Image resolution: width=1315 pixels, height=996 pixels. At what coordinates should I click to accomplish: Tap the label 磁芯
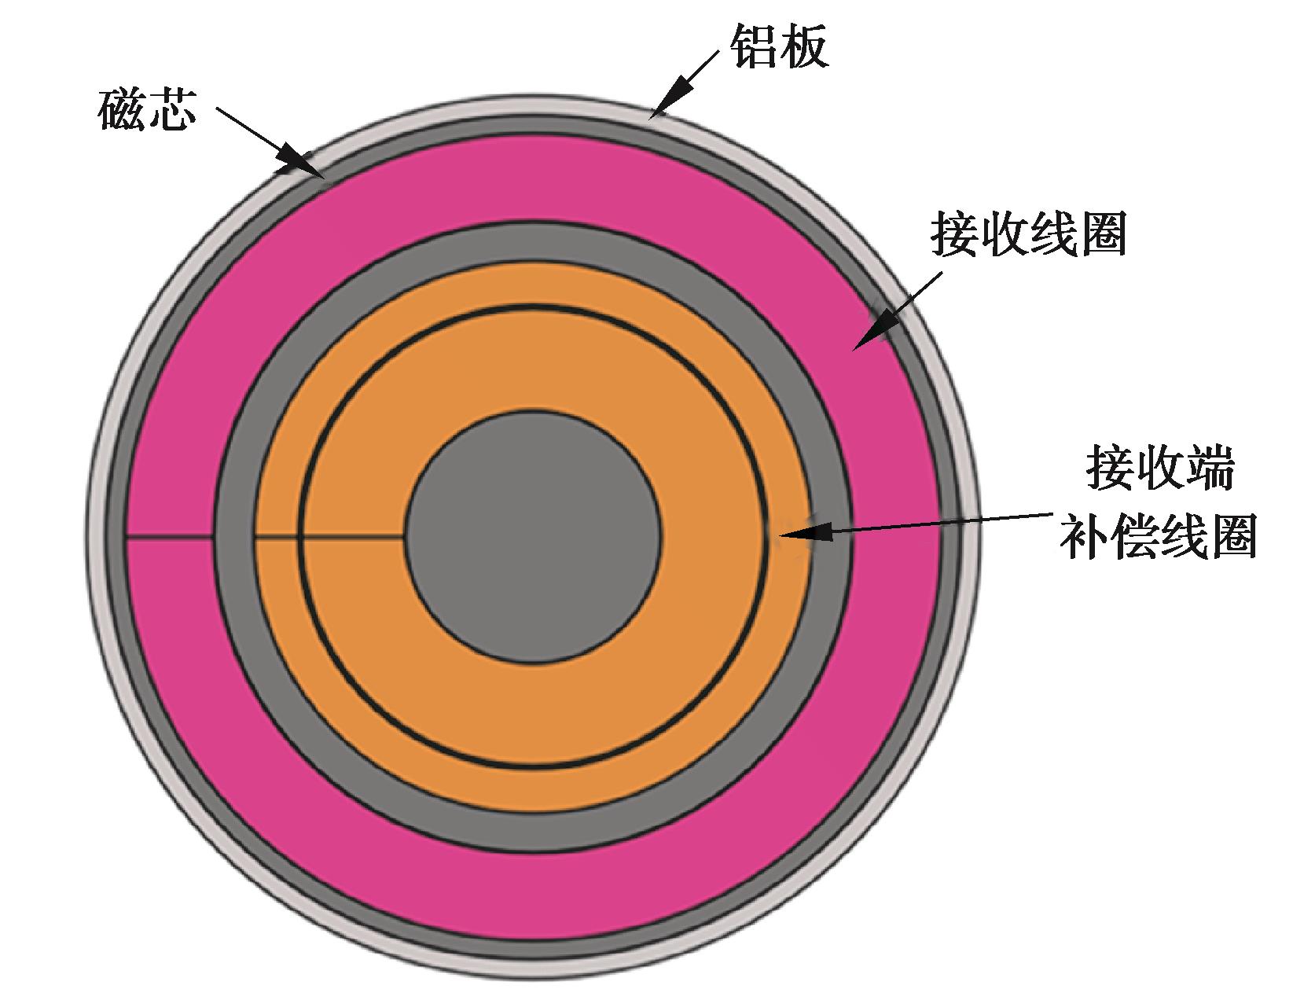click(x=146, y=111)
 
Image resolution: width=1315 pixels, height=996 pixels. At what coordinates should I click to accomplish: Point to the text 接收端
click(x=1159, y=469)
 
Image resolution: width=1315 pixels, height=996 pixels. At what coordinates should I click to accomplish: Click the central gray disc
click(x=534, y=535)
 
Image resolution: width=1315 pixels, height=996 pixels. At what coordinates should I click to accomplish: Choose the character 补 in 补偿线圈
click(x=1084, y=537)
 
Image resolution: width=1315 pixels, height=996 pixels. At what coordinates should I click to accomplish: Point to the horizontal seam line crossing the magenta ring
click(x=169, y=536)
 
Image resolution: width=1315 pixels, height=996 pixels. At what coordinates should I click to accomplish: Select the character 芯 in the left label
click(x=171, y=111)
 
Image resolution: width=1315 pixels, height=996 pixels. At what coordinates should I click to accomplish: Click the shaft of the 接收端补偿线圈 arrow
click(x=943, y=524)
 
